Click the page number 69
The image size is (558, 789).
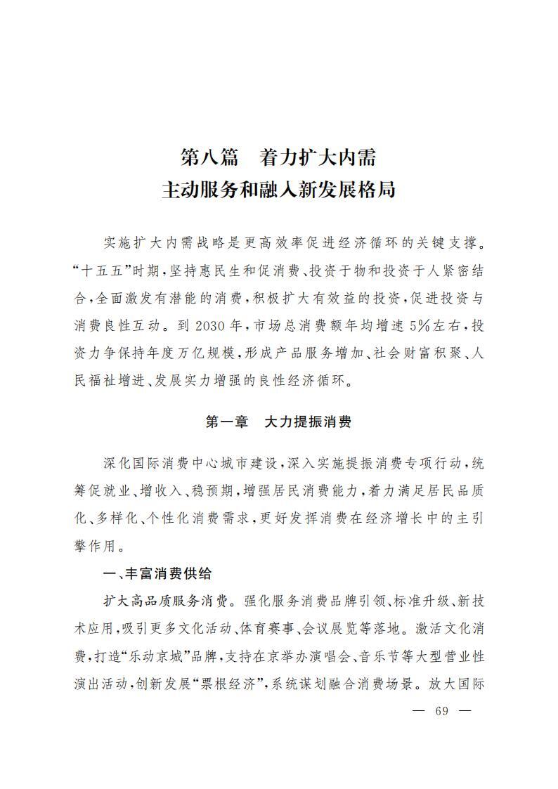(x=441, y=710)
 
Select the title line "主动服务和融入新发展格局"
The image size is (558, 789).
(x=278, y=190)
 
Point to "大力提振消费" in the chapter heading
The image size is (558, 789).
(x=308, y=422)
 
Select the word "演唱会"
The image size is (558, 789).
(x=332, y=657)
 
